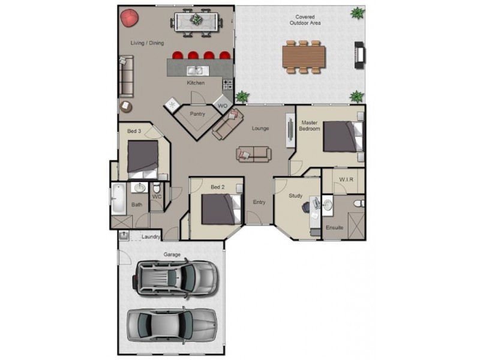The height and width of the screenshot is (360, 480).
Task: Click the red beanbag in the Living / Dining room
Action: (129, 18)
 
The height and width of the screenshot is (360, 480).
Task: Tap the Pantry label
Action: (197, 114)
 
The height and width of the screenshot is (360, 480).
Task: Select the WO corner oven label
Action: (223, 106)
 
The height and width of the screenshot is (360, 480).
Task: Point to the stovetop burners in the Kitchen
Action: (227, 85)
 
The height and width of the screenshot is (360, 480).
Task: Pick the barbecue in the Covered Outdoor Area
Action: (359, 55)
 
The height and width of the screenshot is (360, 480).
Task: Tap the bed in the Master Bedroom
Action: (343, 137)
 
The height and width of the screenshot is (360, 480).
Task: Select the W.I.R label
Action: (346, 179)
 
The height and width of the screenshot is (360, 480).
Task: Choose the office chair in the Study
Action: (307, 207)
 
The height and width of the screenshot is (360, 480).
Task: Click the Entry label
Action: (259, 202)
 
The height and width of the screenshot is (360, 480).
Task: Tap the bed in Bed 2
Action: (221, 209)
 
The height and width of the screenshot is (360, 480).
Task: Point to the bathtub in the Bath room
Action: (118, 199)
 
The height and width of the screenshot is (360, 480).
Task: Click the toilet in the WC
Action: (157, 187)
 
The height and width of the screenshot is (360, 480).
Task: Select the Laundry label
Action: (151, 236)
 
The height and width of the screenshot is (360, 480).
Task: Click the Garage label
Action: (172, 254)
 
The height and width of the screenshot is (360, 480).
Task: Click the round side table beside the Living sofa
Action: (125, 107)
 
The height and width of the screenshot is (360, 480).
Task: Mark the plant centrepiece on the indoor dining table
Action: (196, 20)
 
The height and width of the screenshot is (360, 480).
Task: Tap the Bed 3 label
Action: (134, 131)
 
